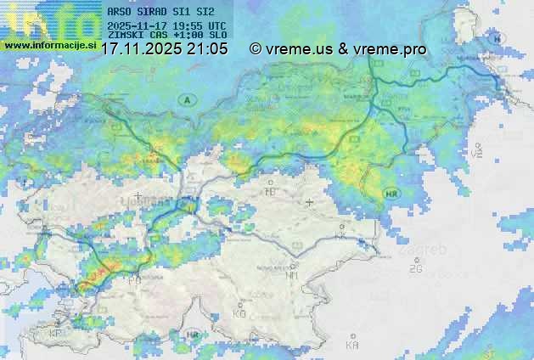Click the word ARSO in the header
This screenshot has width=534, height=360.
(x=120, y=13)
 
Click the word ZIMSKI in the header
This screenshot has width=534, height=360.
(x=124, y=36)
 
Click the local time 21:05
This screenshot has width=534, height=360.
(x=208, y=49)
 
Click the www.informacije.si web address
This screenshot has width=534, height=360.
(x=50, y=44)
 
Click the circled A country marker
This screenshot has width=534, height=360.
(x=185, y=100)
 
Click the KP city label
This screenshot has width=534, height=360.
(x=56, y=334)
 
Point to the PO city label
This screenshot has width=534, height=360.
(x=134, y=278)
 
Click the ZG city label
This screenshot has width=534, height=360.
(x=415, y=268)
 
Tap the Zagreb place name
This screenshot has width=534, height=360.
(x=427, y=250)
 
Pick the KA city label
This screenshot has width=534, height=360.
(x=352, y=344)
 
